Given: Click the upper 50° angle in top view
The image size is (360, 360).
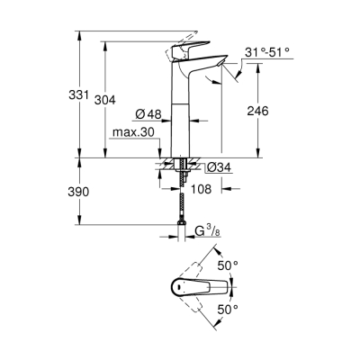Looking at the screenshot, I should click(x=227, y=265).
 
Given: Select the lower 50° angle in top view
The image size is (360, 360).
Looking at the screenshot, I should click(x=227, y=310).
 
